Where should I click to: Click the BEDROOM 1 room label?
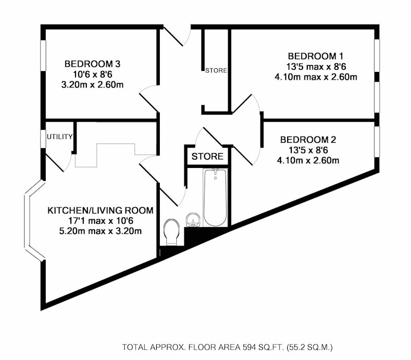tap(315, 56)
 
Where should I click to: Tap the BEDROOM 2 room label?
tap(308, 140)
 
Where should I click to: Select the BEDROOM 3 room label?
tap(92, 64)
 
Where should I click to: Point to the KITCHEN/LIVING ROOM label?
tap(100, 211)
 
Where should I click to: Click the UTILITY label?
tap(60, 137)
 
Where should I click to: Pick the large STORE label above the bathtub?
tap(208, 157)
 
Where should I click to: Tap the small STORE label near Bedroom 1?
tap(216, 70)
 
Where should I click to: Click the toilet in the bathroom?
tap(171, 233)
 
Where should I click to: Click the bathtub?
tap(215, 197)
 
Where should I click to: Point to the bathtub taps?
tap(215, 172)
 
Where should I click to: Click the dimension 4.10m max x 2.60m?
tap(315, 78)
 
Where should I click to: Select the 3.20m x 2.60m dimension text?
tap(92, 85)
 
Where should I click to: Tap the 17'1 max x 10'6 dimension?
tap(101, 221)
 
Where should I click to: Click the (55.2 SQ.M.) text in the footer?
tap(310, 348)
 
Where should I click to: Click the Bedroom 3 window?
tap(43, 55)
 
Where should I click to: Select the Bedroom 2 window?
tap(377, 142)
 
